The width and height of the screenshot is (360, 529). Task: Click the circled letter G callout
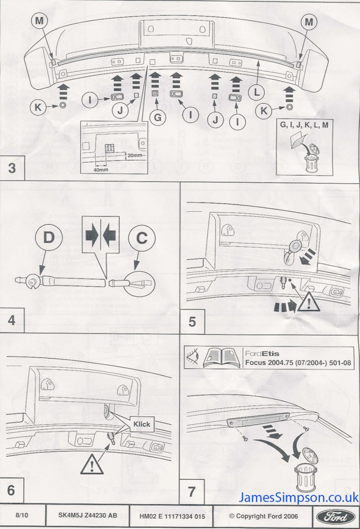point(157,117)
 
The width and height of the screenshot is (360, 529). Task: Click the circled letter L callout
point(257,92)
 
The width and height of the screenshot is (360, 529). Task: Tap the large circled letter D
point(49,238)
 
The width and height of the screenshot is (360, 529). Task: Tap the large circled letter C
point(142,238)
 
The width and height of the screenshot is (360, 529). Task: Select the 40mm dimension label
point(101,169)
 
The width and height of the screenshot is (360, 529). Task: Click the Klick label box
point(142,424)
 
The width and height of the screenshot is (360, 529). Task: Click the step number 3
point(11,167)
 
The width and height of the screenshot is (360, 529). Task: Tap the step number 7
point(192,491)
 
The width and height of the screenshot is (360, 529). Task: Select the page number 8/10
point(22,516)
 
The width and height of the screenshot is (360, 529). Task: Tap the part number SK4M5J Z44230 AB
point(88,516)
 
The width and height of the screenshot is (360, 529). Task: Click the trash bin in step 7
point(305,476)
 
